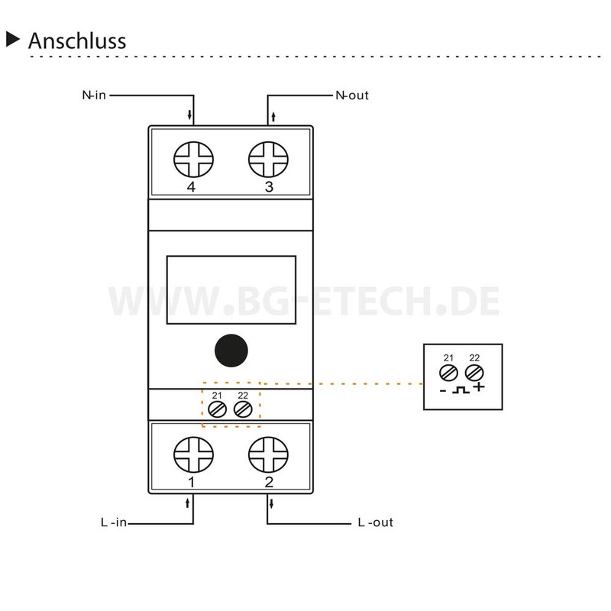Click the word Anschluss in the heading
point(77,40)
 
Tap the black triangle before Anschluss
point(12,40)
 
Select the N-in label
point(94,95)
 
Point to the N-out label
point(352,95)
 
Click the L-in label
point(114,522)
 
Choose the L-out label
point(376,522)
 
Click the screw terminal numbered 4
point(193,160)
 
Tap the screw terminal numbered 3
point(268,160)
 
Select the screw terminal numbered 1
point(193,454)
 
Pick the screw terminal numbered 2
point(268,454)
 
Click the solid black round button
point(231,351)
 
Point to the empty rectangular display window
point(231,290)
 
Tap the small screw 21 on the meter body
point(217,409)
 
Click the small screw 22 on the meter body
point(243,409)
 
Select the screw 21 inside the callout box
point(448,373)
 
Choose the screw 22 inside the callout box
point(474,373)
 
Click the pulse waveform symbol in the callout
point(461,390)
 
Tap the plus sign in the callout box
point(479,387)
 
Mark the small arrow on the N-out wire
point(273,116)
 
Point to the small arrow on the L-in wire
point(187,503)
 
